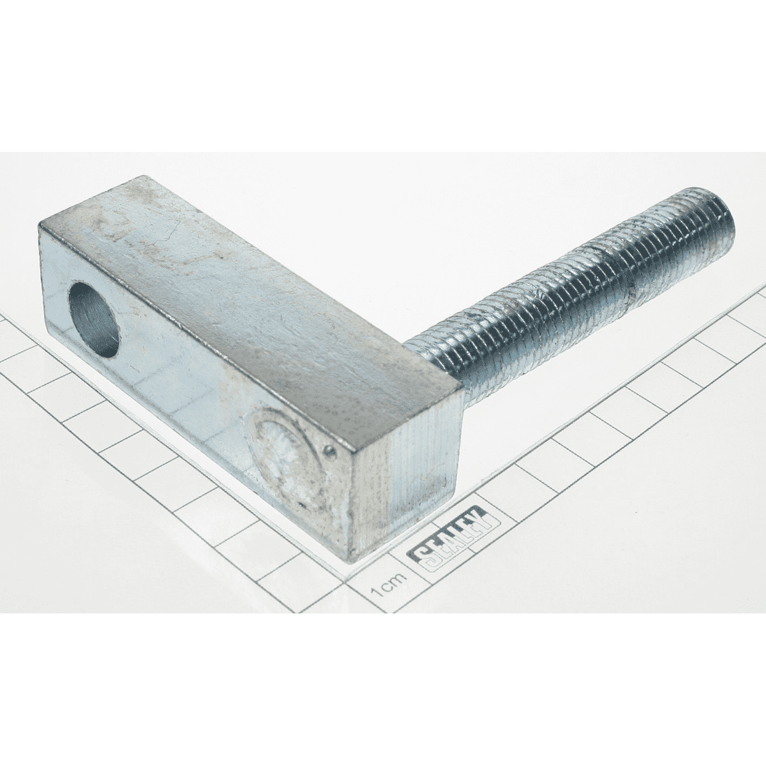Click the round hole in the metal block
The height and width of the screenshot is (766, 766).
point(94,319)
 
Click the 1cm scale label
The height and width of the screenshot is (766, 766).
point(388,590)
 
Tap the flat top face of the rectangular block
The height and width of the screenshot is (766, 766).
point(255,318)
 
